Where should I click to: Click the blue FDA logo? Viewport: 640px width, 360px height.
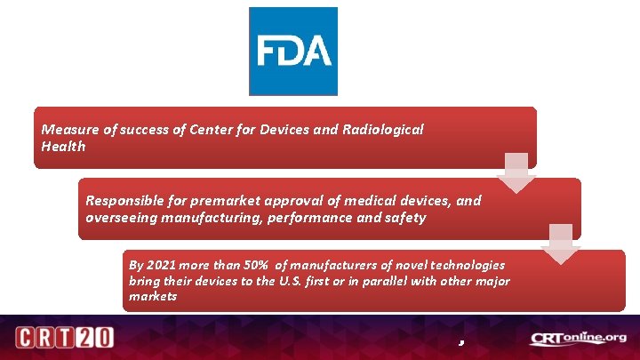[293, 51]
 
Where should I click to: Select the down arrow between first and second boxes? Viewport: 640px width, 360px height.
[516, 172]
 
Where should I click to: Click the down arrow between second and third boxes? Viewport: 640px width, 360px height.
[561, 244]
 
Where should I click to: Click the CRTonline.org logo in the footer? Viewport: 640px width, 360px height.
[578, 339]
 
